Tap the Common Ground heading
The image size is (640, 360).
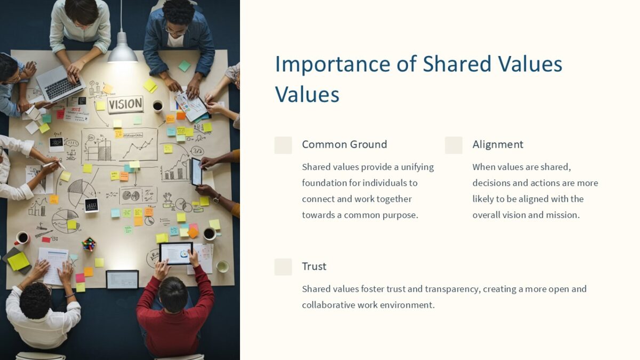pyautogui.click(x=344, y=145)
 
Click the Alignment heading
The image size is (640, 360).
pyautogui.click(x=498, y=145)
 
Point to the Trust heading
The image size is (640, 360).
pyautogui.click(x=314, y=267)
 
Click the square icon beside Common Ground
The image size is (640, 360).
pyautogui.click(x=283, y=145)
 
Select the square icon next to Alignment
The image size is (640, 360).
pyautogui.click(x=453, y=145)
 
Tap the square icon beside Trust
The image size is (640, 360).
pyautogui.click(x=283, y=267)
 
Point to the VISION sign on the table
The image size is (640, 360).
pyautogui.click(x=125, y=104)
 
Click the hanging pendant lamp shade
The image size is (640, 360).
pyautogui.click(x=122, y=52)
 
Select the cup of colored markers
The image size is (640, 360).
pyautogui.click(x=89, y=244)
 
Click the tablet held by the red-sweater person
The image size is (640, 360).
pyautogui.click(x=176, y=253)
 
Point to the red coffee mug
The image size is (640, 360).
pyautogui.click(x=21, y=238)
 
